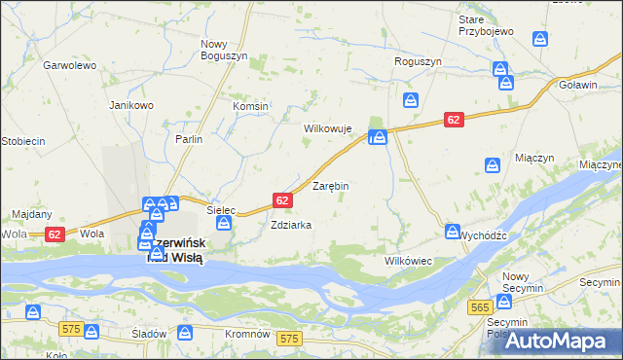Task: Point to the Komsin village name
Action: pos(250,106)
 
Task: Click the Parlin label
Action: pos(189,139)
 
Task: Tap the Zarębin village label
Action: pos(330,185)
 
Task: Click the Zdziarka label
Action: pos(291,225)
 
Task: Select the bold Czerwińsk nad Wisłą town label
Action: pos(173,251)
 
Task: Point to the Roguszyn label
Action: pos(418,61)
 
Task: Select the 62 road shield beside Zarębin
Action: pos(282,200)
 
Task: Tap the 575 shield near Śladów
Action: pos(70,330)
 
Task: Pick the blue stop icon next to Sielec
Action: pos(224,225)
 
